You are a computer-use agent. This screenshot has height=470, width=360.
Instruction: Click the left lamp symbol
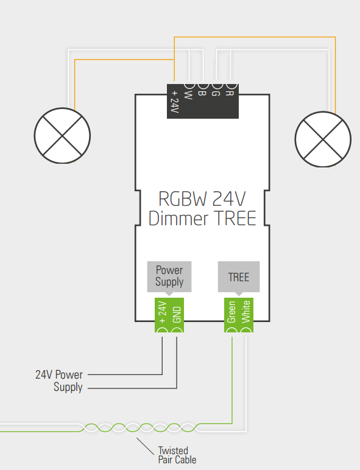pyautogui.click(x=62, y=136)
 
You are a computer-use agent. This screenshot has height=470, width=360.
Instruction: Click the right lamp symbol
pyautogui.click(x=323, y=139)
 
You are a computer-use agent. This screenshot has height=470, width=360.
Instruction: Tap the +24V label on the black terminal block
pyautogui.click(x=174, y=102)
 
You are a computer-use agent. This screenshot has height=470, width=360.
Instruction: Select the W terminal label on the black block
pyautogui.click(x=188, y=95)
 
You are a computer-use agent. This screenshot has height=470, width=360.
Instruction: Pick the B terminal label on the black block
pyautogui.click(x=202, y=93)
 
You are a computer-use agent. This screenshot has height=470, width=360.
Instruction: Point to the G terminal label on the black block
pyautogui.click(x=216, y=94)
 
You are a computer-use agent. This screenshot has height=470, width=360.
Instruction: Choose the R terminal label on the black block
pyautogui.click(x=230, y=93)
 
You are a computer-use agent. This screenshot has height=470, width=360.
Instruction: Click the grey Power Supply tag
pyautogui.click(x=169, y=276)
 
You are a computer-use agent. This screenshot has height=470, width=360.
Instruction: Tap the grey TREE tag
pyautogui.click(x=239, y=276)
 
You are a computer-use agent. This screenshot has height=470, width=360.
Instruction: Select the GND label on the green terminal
pyautogui.click(x=177, y=314)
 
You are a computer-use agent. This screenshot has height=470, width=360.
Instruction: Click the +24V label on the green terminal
pyautogui.click(x=162, y=312)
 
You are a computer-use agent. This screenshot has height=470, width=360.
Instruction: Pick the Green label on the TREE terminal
pyautogui.click(x=231, y=312)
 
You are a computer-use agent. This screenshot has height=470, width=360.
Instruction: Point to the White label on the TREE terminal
pyautogui.click(x=245, y=312)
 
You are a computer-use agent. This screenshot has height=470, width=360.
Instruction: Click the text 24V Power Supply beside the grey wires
pyautogui.click(x=59, y=381)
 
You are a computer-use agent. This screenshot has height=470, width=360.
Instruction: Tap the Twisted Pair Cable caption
pyautogui.click(x=177, y=455)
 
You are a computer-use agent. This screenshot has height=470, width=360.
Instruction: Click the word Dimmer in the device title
pyautogui.click(x=178, y=218)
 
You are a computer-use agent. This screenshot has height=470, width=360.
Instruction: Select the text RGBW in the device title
pyautogui.click(x=183, y=198)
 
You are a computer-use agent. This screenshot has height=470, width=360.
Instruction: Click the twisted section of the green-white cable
pyautogui.click(x=140, y=427)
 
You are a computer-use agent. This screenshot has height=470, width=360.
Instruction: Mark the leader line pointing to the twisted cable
pyautogui.click(x=145, y=446)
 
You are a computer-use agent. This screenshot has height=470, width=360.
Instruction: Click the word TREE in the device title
pyautogui.click(x=236, y=218)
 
